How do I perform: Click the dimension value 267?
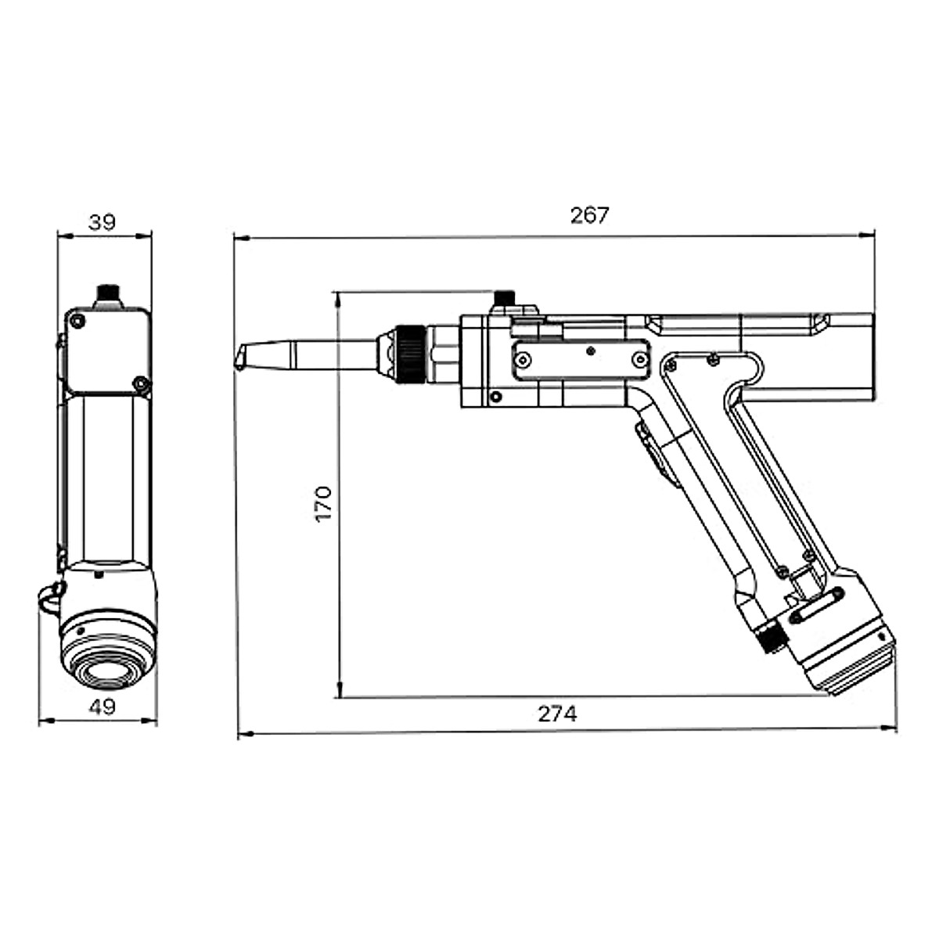[x=588, y=215]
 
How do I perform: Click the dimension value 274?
[x=557, y=714]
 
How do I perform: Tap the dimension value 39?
[x=102, y=222]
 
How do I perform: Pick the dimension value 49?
[x=102, y=707]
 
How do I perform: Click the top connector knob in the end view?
[x=107, y=296]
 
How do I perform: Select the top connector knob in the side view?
[x=505, y=300]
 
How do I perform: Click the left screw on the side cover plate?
[x=522, y=359]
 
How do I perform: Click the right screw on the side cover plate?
[x=640, y=359]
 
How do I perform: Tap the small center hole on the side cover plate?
[x=591, y=351]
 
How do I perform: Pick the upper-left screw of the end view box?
[x=77, y=321]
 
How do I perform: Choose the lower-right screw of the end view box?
[x=140, y=383]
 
